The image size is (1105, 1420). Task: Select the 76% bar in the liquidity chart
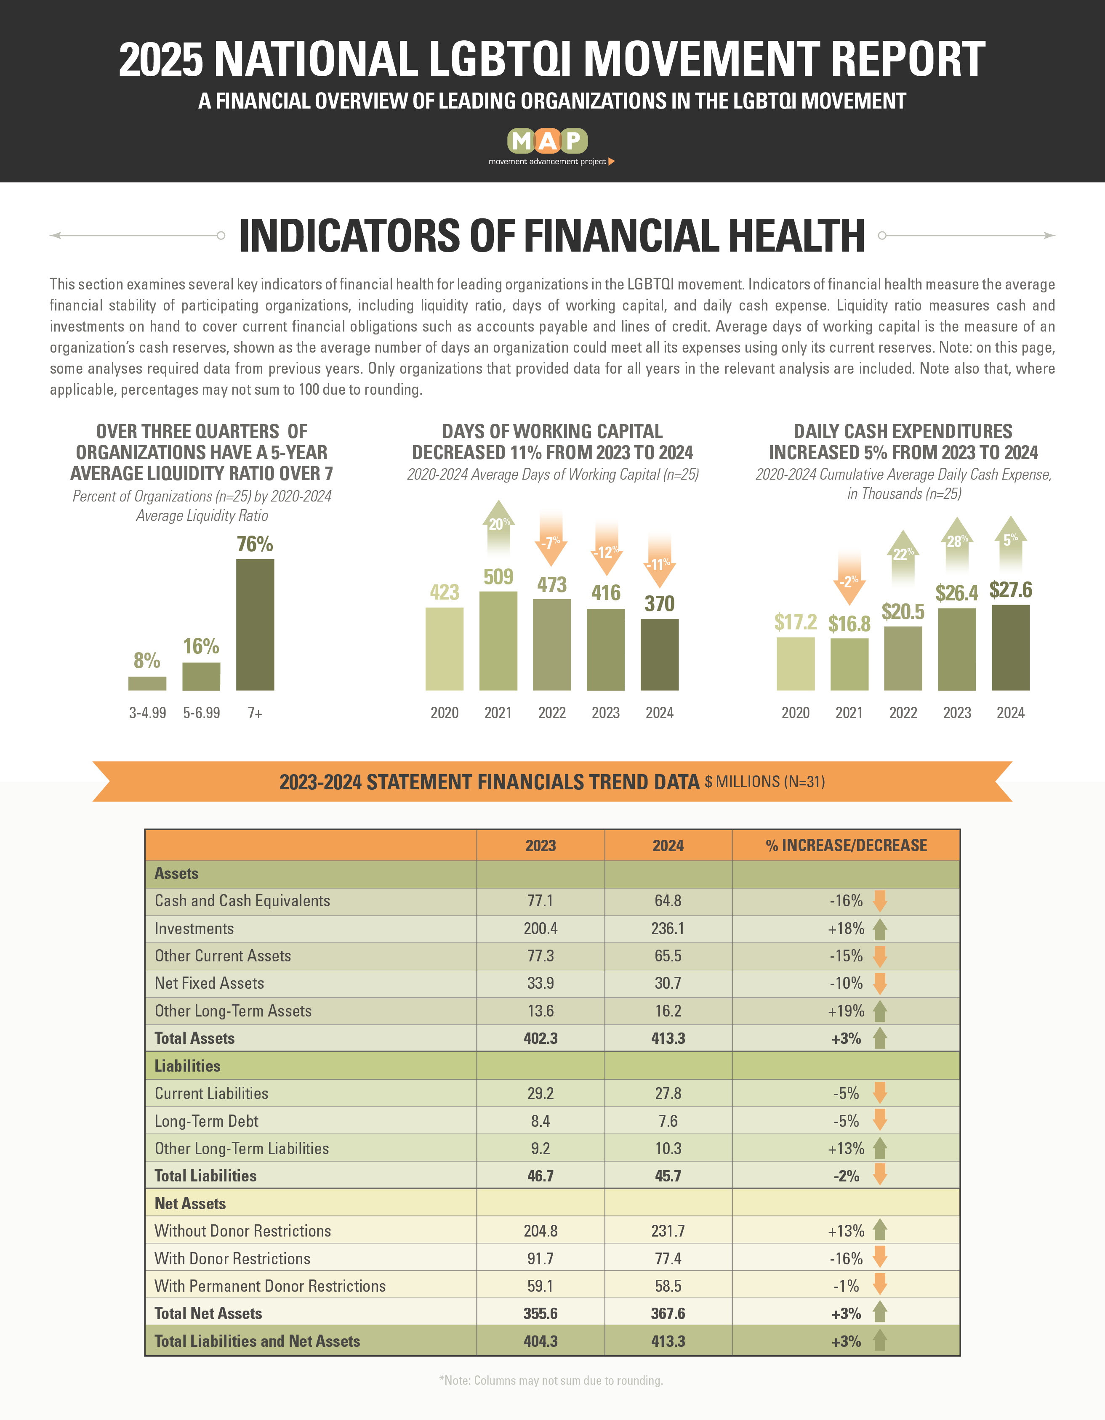click(255, 624)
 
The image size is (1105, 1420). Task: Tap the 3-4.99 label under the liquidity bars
click(148, 713)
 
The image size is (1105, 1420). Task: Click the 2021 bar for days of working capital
click(498, 640)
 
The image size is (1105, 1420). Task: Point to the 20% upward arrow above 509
click(499, 527)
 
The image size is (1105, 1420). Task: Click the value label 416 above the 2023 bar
click(605, 592)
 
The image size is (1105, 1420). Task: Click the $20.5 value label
click(903, 611)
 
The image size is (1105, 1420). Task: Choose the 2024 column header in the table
click(668, 845)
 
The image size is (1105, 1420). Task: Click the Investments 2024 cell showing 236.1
click(668, 929)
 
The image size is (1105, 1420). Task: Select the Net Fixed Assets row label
click(209, 983)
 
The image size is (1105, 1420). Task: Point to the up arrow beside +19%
click(880, 1011)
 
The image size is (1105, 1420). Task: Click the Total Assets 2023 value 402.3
click(541, 1038)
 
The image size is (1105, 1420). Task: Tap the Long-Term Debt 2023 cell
click(541, 1121)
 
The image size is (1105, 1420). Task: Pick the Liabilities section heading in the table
click(187, 1066)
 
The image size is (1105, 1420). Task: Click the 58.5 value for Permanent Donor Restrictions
click(668, 1286)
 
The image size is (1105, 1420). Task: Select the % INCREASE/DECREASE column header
click(846, 845)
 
